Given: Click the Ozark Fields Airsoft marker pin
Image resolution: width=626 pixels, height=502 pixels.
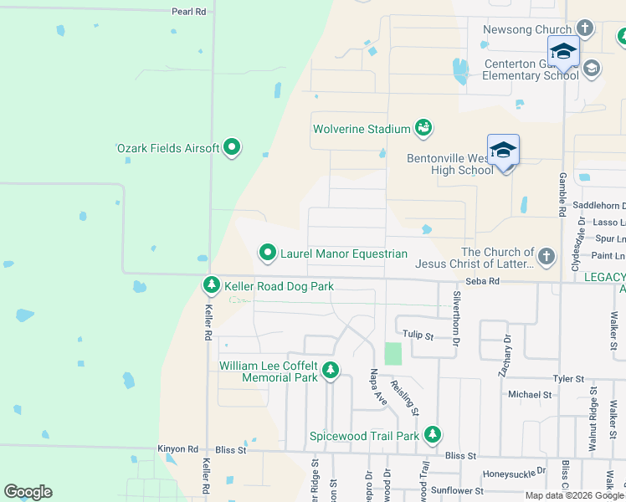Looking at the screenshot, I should [x=232, y=149].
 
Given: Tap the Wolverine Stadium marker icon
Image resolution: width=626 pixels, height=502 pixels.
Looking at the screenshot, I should [x=423, y=128].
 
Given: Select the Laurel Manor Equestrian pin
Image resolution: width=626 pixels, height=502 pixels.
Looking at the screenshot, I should [x=268, y=252].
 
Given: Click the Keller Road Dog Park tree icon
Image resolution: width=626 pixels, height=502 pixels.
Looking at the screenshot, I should [x=212, y=286].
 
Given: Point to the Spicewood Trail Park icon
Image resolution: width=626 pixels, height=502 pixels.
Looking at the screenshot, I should [x=432, y=435].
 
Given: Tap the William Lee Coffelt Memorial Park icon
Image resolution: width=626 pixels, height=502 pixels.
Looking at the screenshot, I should [x=331, y=370].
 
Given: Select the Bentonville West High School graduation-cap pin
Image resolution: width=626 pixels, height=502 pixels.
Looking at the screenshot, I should [x=503, y=151].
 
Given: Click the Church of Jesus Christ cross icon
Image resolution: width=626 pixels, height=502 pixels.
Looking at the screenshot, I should [x=546, y=257].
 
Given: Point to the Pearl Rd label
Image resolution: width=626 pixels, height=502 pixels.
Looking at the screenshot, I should [x=188, y=12].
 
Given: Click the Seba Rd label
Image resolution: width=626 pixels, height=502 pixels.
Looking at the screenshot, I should [x=482, y=282].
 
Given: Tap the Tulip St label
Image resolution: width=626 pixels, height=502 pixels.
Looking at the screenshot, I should [x=416, y=336].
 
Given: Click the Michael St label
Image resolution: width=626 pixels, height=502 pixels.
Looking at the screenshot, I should [x=530, y=394].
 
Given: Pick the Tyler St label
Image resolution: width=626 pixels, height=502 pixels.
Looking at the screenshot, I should [x=567, y=379].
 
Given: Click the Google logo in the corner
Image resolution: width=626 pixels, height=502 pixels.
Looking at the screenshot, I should [x=28, y=492].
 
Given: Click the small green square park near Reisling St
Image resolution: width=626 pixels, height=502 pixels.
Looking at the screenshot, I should [x=393, y=353].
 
